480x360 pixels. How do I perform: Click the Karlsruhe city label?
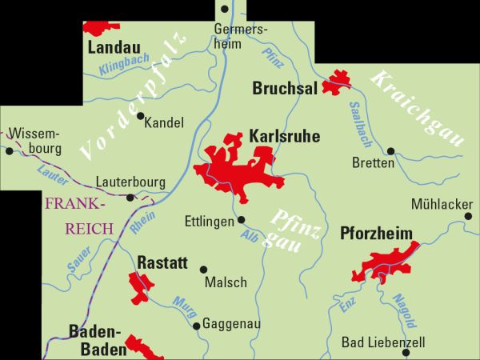coord(285,137)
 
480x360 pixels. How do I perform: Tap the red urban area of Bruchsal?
coord(337,83)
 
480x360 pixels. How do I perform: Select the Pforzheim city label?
coord(376,234)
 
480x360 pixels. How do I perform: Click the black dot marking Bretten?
coord(390,150)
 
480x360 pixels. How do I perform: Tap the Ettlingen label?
coord(209,220)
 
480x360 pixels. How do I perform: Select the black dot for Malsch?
coord(203,270)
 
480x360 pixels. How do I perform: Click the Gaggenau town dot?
coord(197,326)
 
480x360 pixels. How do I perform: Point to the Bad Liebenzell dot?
coord(406,352)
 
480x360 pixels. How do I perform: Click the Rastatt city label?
coord(162,262)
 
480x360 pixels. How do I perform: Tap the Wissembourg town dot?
coord(9,150)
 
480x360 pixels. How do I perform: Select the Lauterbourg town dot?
coord(130,197)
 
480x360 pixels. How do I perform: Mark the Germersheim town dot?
coord(225,10)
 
